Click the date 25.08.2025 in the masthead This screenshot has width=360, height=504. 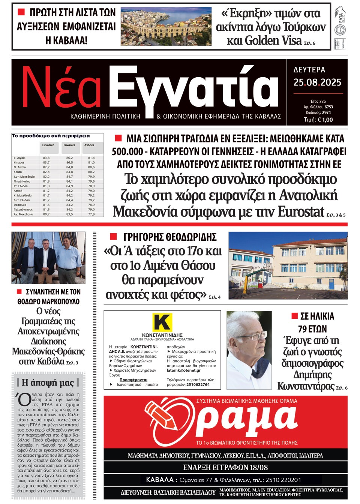(317, 82)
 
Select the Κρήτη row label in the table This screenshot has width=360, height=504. (18, 172)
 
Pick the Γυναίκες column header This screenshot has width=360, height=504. (69, 145)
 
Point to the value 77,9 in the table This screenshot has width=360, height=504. (91, 214)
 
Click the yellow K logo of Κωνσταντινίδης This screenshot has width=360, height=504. (162, 322)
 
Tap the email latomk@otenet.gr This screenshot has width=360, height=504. (184, 370)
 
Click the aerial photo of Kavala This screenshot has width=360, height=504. (166, 26)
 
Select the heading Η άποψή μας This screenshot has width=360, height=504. (48, 382)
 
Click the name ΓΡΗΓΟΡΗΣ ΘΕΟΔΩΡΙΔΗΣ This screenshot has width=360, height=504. (170, 237)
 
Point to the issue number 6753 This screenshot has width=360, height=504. (328, 107)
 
